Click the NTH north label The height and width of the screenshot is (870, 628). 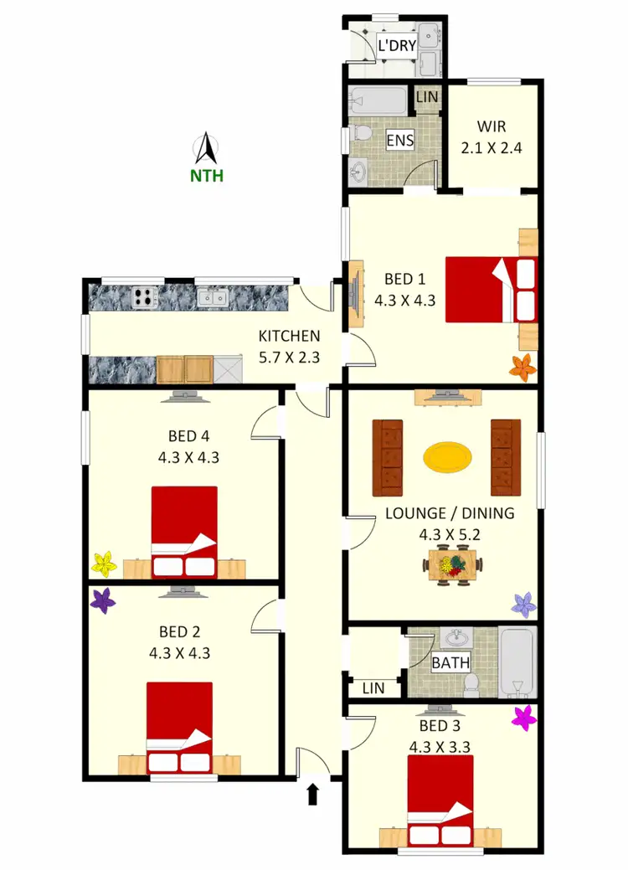pos(206,176)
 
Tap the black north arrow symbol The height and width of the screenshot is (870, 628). pos(206,149)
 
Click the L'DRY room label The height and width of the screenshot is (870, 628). pos(397,45)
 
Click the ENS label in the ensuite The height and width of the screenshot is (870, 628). pos(399,140)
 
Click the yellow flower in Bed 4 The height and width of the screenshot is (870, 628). pos(103,564)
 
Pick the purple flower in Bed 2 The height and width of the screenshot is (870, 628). pos(103,600)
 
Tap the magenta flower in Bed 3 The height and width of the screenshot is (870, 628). pos(524,718)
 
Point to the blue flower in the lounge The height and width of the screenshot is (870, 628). pos(523,604)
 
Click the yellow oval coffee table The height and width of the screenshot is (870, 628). pos(447,456)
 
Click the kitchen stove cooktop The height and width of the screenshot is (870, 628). pos(143,296)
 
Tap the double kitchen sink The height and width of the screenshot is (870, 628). pos(211,296)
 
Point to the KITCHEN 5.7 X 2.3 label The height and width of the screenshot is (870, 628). pos(289,346)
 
